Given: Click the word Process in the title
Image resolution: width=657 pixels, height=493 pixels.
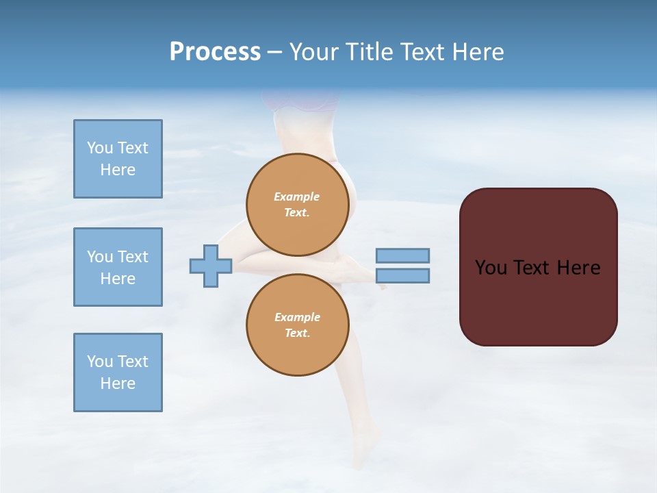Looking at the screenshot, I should tap(215, 52).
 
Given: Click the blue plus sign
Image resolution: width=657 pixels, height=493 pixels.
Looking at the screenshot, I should tap(211, 266).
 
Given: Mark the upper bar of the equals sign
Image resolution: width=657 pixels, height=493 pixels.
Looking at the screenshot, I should tap(402, 255).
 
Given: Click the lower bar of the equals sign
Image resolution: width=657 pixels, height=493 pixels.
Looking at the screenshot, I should tap(402, 276).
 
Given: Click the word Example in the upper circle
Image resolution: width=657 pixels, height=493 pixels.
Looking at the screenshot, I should tap(297, 197).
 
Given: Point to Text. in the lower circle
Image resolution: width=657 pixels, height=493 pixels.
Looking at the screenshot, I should tap(297, 333).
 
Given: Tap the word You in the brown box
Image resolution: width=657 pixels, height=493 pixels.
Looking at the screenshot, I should tap(491, 268).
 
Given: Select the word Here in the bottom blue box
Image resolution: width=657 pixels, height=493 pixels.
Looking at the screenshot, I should tap(118, 383).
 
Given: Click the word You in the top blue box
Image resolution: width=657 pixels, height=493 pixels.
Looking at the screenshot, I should tap(100, 148).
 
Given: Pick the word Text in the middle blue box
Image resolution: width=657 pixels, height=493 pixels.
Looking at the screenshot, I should tap(132, 257).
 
